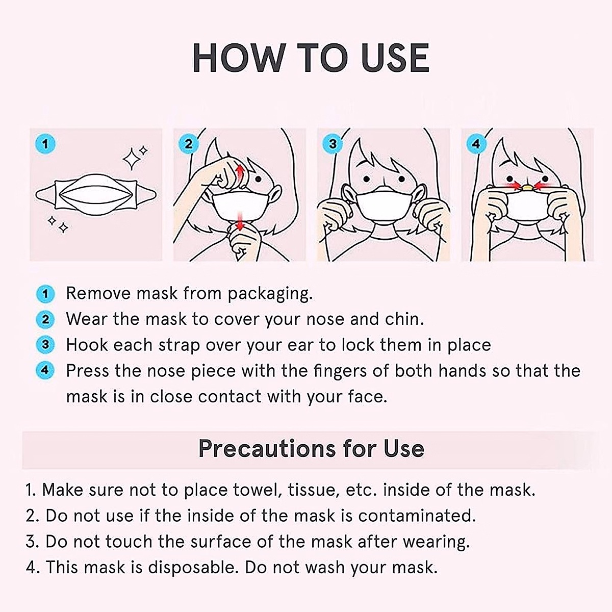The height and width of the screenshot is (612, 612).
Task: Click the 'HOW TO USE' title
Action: [x=311, y=57]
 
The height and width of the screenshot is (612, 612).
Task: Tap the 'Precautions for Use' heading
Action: [x=311, y=448]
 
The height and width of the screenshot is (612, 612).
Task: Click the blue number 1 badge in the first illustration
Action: [x=45, y=144]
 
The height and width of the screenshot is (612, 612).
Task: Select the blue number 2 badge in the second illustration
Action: [x=189, y=144]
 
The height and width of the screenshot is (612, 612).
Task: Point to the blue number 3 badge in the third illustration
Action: [x=333, y=144]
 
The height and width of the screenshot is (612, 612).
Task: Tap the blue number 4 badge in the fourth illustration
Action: [x=476, y=144]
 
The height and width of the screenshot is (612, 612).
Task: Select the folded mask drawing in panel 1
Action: [x=96, y=194]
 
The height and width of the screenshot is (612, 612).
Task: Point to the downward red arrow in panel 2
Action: [x=240, y=220]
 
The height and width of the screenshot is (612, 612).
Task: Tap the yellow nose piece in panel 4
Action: [x=527, y=188]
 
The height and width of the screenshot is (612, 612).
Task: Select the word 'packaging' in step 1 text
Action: [x=269, y=294]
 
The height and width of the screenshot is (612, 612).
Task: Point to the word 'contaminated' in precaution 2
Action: [x=416, y=516]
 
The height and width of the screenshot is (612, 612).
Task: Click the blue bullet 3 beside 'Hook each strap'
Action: [x=45, y=345]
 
